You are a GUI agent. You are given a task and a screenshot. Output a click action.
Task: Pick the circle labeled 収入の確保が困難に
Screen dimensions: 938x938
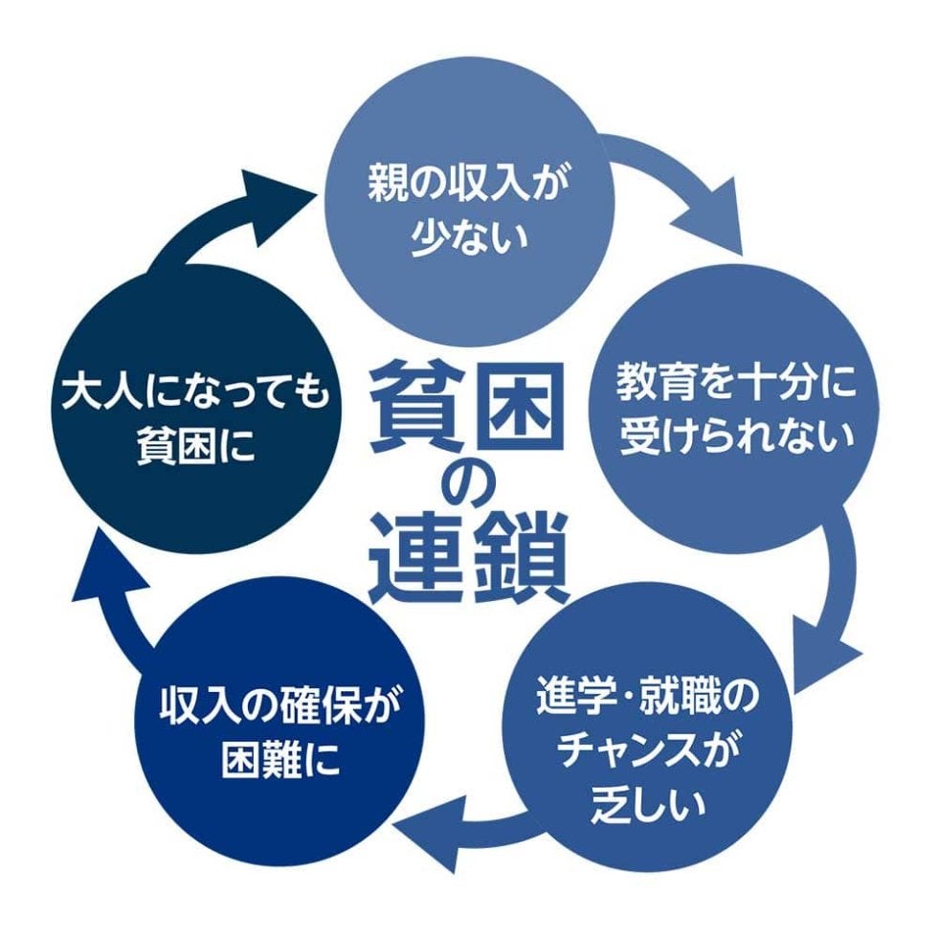click(278, 737)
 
